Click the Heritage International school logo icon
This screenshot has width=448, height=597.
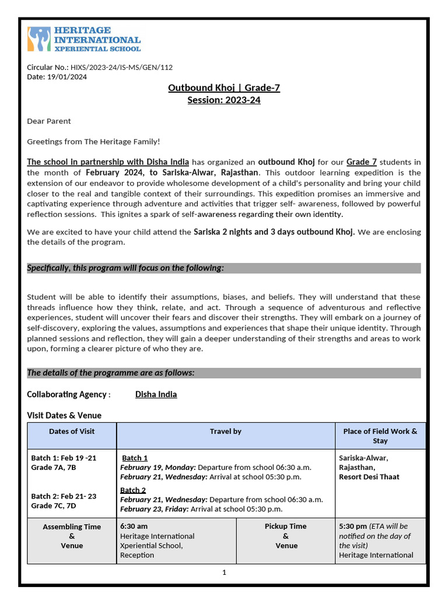[39, 39]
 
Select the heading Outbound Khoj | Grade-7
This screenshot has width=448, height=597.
[224, 88]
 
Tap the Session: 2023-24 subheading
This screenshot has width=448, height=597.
[224, 100]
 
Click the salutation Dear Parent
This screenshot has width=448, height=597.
[49, 121]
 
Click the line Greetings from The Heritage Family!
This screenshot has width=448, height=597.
[93, 142]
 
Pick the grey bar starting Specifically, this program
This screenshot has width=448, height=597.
[224, 268]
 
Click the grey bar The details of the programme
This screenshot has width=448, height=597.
[224, 373]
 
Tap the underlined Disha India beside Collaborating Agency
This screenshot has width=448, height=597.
[156, 395]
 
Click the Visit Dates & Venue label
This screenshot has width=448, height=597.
[64, 416]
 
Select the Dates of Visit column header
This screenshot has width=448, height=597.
[72, 431]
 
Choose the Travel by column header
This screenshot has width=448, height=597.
[226, 431]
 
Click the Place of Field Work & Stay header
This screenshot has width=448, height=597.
[380, 436]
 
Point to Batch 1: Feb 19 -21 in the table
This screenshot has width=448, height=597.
[64, 458]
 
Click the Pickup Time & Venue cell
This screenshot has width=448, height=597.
[286, 536]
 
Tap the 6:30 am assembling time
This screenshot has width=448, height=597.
[134, 526]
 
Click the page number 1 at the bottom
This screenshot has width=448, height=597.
[224, 573]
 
